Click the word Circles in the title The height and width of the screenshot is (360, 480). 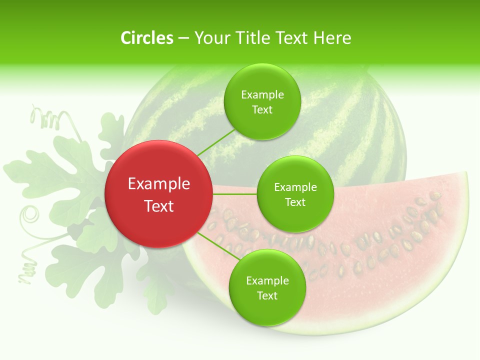pos(147,38)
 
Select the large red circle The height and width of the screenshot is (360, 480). pos(158,194)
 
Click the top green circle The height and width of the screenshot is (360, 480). pos(262,101)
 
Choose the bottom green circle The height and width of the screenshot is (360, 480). pos(267,287)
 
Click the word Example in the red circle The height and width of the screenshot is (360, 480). pos(159,183)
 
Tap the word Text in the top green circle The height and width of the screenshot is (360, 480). pos(262,109)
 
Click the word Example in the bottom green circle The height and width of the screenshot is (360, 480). pos(267,280)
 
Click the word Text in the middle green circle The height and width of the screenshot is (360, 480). pos(295,202)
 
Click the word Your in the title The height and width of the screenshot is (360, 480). pos(209,38)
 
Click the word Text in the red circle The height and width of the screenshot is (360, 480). pos(159,205)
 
